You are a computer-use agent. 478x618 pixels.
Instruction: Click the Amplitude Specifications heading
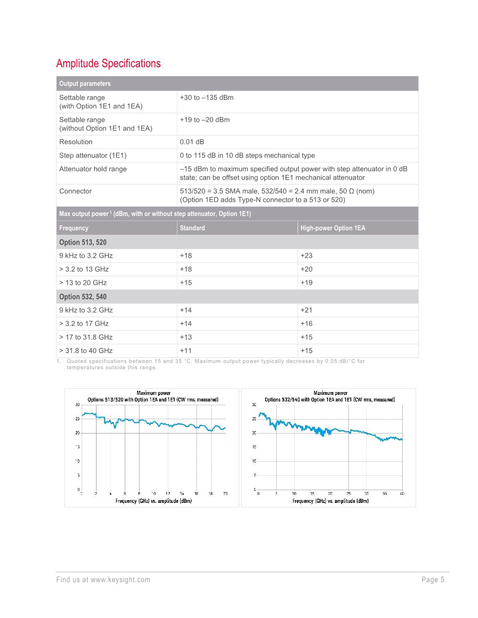pos(108,63)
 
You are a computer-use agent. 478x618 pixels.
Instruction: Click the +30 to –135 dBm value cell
pos(207,98)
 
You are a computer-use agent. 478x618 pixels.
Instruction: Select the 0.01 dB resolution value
pos(192,142)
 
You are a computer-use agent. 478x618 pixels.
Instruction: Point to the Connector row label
pos(75,191)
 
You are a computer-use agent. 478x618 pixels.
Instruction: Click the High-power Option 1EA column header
pos(332,228)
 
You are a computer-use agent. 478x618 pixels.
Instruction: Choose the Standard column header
pos(192,228)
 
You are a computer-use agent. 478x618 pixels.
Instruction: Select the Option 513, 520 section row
pos(83,242)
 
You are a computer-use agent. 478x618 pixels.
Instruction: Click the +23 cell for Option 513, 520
pos(306,256)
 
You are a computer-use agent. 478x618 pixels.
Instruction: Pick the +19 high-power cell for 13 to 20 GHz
pos(306,283)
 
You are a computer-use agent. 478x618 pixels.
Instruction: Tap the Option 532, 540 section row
pos(83,297)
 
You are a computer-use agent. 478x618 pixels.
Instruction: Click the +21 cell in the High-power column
pos(306,310)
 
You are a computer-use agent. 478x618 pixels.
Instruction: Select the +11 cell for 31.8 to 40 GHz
pos(186,351)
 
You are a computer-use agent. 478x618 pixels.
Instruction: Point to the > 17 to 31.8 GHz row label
pos(86,337)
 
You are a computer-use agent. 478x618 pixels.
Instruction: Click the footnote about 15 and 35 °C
pos(215,364)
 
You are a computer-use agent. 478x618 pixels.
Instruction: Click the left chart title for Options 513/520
pos(153,396)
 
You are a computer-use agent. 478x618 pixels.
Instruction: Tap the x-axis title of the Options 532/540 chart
pos(330,501)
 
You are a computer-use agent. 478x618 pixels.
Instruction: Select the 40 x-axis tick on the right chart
pos(402,494)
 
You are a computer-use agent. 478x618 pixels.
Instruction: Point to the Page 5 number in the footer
pos(433,580)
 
